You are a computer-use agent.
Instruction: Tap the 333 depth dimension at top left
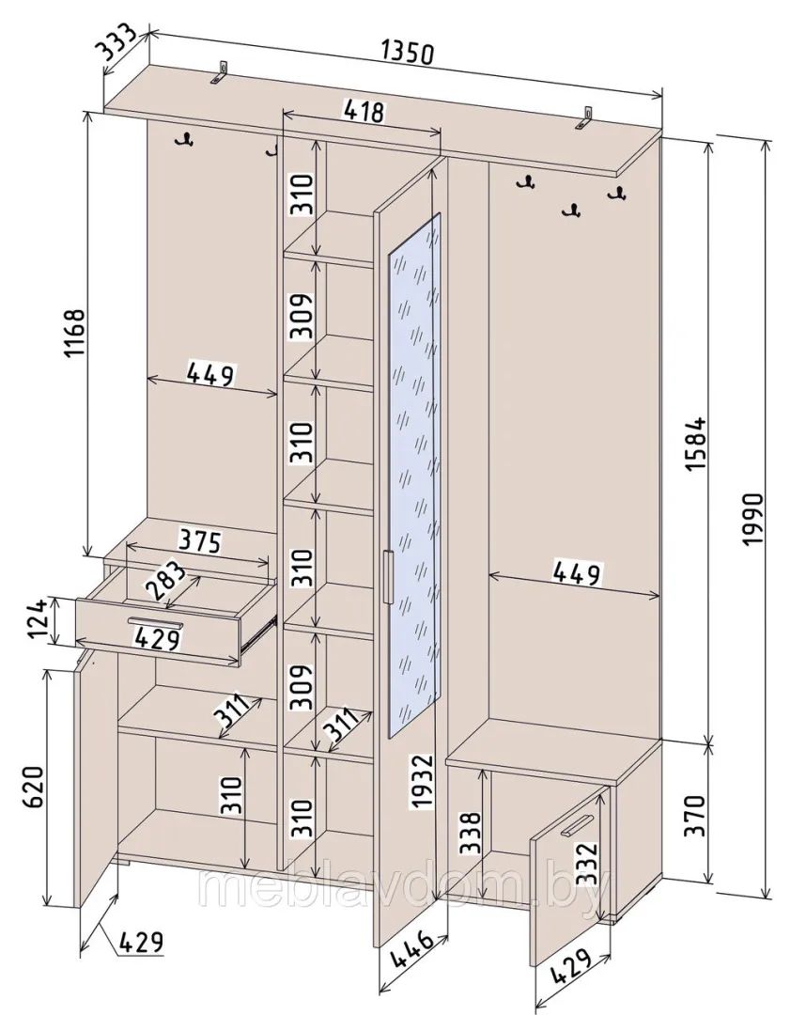pyautogui.click(x=116, y=42)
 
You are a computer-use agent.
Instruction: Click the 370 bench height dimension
pyautogui.click(x=695, y=816)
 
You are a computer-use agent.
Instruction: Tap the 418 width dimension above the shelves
pyautogui.click(x=363, y=110)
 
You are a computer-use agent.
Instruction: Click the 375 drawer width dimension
pyautogui.click(x=200, y=541)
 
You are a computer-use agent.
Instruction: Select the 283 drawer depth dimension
pyautogui.click(x=164, y=581)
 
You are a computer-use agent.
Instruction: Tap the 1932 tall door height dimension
pyautogui.click(x=421, y=780)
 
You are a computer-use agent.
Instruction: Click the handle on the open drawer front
pyautogui.click(x=155, y=623)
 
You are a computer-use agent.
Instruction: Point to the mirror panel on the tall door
pyautogui.click(x=414, y=476)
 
